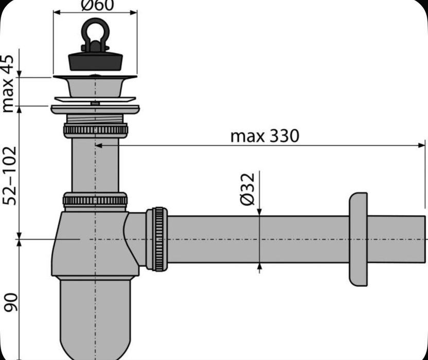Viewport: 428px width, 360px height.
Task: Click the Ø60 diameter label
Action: [97, 6]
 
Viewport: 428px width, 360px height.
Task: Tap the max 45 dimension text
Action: [8, 83]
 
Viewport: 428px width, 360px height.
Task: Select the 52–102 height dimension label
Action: [10, 176]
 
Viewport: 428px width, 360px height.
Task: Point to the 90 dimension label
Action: [10, 302]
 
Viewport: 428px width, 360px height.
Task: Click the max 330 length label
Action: [265, 136]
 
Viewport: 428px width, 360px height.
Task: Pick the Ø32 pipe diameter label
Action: [247, 189]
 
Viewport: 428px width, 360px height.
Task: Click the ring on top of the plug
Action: [95, 32]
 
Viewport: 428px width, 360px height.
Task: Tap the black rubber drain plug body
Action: [95, 61]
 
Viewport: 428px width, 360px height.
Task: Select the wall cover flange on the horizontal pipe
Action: [358, 239]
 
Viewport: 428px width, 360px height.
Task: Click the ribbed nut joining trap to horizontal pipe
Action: [157, 239]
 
